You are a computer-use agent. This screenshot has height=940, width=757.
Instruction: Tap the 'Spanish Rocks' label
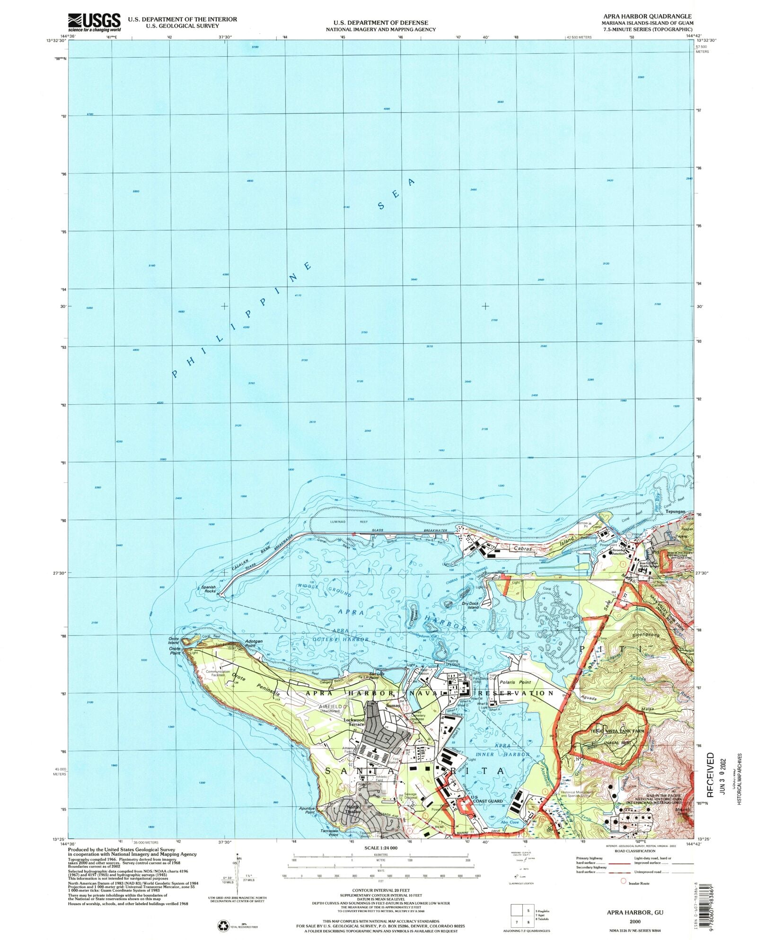[209, 589]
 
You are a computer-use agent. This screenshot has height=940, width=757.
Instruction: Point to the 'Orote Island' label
[174, 641]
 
